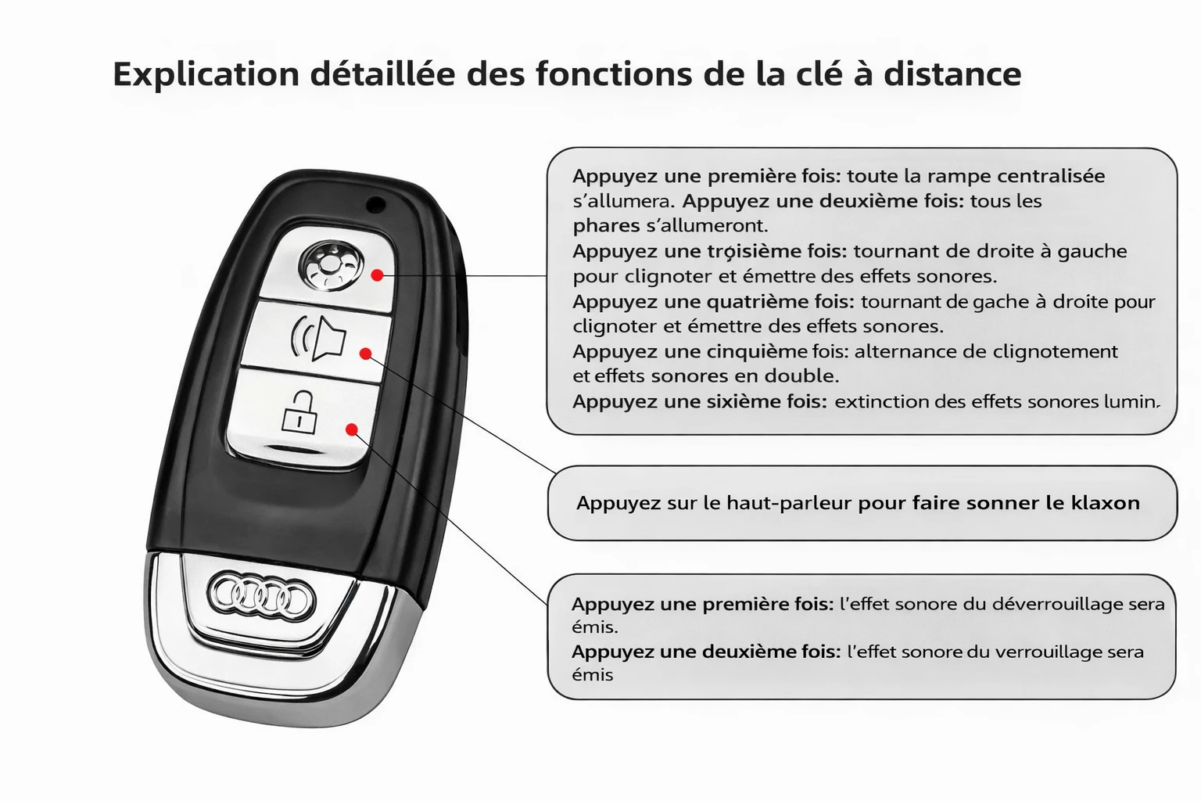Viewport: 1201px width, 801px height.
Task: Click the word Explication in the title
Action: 206,74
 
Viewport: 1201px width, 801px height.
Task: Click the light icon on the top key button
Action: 332,266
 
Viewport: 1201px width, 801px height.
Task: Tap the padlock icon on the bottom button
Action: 299,411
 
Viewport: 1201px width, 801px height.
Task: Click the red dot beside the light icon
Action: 378,275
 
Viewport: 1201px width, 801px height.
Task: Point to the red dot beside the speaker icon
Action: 366,354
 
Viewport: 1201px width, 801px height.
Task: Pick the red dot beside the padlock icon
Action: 352,429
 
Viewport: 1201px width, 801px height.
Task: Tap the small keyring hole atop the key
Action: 376,204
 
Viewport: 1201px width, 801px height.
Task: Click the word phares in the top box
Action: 606,226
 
